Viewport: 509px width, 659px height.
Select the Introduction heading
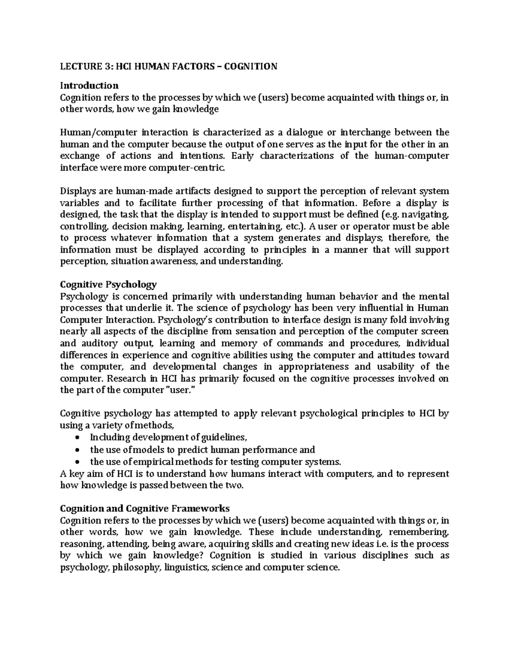coord(89,85)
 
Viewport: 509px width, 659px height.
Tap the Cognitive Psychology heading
coord(109,284)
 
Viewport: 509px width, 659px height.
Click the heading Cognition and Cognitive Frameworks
coord(145,508)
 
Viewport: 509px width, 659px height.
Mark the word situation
coord(129,261)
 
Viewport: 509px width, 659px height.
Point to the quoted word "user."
coord(178,390)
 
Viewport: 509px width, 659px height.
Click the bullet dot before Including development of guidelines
coord(76,438)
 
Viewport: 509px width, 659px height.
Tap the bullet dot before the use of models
coord(76,450)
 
